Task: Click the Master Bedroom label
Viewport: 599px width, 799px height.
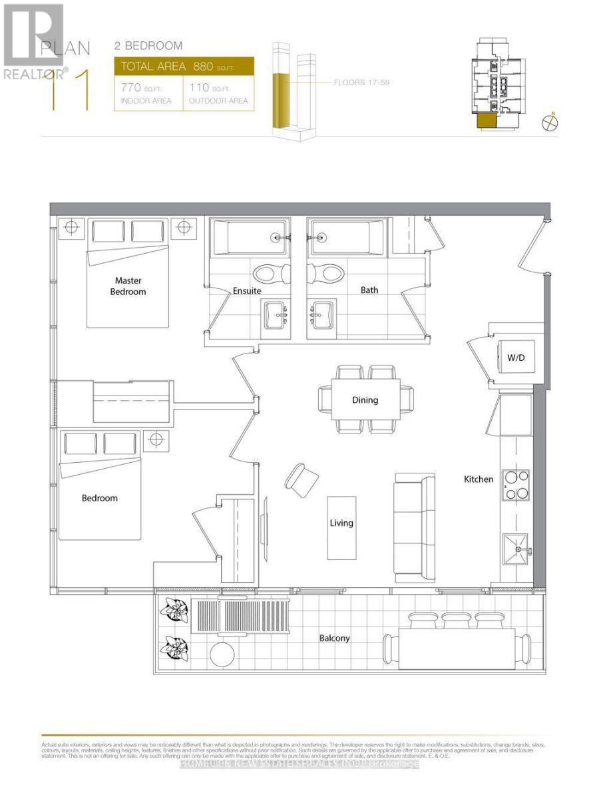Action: click(128, 286)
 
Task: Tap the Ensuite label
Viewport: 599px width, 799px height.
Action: click(246, 291)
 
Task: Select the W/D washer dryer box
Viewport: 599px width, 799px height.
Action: click(516, 358)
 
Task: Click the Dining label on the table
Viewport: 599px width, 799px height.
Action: click(365, 400)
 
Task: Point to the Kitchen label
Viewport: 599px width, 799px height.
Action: click(479, 479)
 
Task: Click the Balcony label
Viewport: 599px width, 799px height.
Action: click(333, 638)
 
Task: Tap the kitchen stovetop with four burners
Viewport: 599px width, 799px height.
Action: click(515, 485)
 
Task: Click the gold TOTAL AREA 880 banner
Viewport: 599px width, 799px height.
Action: click(184, 67)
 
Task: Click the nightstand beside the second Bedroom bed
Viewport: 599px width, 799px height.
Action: click(156, 440)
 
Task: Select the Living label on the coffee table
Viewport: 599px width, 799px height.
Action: click(341, 523)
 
